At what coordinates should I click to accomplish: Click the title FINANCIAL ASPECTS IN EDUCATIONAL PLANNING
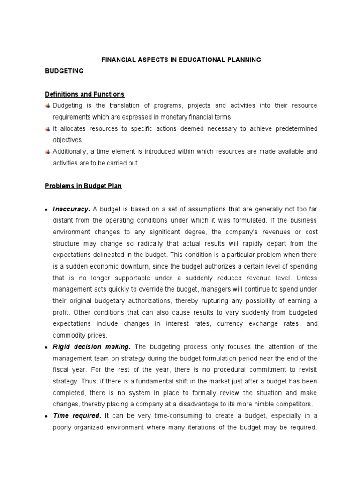click(181, 60)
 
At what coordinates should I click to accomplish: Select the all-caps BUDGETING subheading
click(64, 71)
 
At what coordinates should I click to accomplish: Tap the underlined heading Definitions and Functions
click(84, 94)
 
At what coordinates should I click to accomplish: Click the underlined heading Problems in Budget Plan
click(83, 186)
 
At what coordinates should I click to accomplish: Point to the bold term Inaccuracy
click(70, 209)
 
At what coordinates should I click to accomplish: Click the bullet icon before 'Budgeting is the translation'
click(48, 105)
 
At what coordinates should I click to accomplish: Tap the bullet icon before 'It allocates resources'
click(48, 128)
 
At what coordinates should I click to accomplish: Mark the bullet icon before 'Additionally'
click(48, 151)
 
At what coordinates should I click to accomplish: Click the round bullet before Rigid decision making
click(48, 347)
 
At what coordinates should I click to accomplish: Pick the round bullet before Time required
click(48, 416)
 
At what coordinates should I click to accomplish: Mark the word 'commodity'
click(68, 335)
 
